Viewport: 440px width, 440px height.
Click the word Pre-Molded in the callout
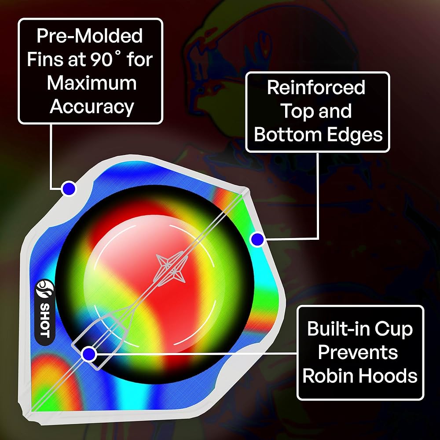pos(90,36)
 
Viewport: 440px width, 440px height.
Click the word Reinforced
pos(316,88)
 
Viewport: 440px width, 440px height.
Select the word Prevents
pos(358,352)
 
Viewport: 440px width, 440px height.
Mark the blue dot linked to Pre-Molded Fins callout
pos(69,189)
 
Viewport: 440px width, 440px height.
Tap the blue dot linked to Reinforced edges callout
pos(257,240)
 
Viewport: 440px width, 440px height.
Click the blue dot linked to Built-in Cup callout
pos(89,353)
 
